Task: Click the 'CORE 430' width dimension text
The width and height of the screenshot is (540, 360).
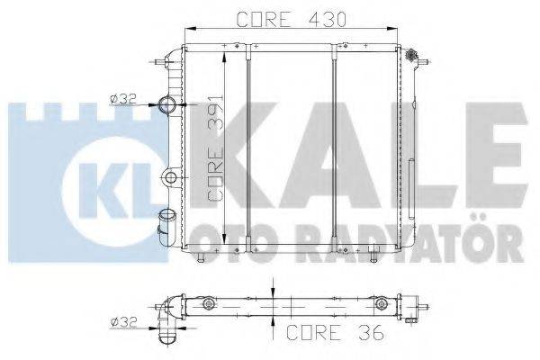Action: [291, 18]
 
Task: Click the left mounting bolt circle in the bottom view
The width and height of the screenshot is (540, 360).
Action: [209, 305]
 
